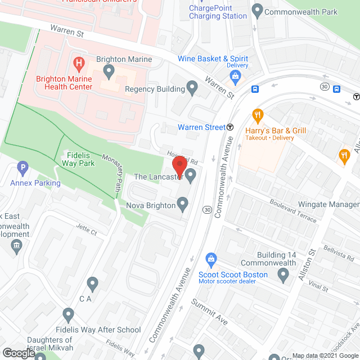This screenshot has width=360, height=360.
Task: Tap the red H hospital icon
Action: click(79, 61)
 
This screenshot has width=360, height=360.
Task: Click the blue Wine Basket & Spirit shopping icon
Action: click(236, 75)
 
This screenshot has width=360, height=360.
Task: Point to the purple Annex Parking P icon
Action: click(22, 167)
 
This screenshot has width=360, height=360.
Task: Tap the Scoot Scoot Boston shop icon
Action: click(211, 259)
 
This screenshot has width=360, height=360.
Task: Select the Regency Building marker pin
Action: click(192, 88)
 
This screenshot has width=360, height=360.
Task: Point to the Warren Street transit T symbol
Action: click(231, 127)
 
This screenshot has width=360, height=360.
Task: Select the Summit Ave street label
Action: click(209, 313)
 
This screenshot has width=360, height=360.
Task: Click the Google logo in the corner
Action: click(18, 353)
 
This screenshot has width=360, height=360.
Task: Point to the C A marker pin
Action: click(93, 284)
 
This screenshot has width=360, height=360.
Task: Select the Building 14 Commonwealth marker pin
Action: click(283, 274)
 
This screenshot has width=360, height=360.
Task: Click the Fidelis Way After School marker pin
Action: click(69, 315)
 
